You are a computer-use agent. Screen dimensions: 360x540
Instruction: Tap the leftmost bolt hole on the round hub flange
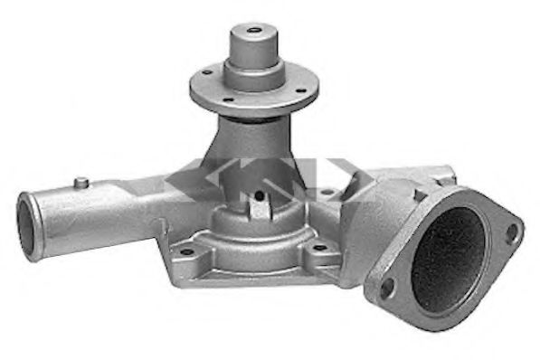[x=207, y=71]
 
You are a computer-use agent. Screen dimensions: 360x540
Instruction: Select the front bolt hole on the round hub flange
[x=229, y=99]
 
